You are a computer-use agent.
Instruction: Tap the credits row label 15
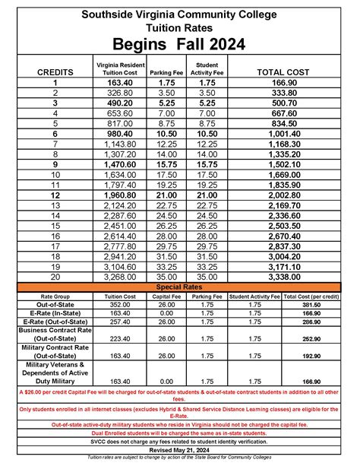click(55, 226)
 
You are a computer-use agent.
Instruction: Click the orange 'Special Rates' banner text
click(180, 287)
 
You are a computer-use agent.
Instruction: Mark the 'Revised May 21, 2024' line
click(180, 449)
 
